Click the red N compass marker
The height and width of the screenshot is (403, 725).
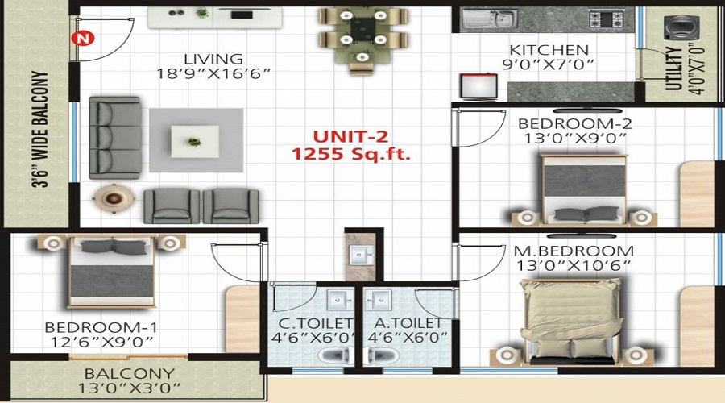81,37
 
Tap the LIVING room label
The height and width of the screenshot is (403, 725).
213,59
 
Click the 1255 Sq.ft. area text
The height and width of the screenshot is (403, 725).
351,153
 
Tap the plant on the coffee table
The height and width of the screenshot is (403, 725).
193,142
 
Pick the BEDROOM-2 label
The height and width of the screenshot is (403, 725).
574,123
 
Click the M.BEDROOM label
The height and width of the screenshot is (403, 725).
574,251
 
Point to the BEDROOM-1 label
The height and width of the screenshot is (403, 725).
101,328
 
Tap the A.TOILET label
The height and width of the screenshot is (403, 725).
408,323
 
